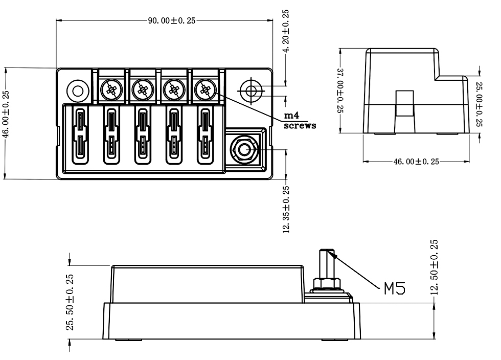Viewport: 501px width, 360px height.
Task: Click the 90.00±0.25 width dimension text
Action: (171, 21)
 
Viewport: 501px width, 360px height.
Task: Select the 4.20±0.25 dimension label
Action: (286, 31)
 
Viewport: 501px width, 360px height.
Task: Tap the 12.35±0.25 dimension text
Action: (286, 210)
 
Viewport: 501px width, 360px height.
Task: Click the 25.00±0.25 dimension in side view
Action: (479, 104)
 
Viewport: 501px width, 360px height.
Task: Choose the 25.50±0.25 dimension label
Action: (71, 302)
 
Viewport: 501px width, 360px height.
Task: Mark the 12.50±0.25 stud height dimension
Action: (434, 267)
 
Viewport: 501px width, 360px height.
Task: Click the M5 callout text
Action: (395, 288)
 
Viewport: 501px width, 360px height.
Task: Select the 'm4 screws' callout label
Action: (300, 121)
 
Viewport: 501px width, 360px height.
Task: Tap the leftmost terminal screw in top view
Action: (111, 91)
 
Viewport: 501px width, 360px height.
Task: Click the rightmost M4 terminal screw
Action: (206, 91)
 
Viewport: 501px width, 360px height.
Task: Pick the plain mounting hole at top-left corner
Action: (78, 91)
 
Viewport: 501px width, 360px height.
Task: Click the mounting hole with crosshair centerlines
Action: (251, 91)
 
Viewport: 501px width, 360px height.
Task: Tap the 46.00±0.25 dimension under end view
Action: (416, 162)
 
